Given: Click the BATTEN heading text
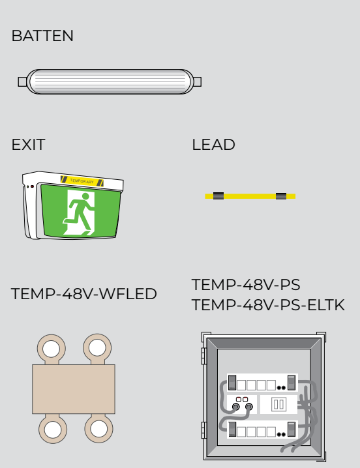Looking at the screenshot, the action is [x=42, y=36].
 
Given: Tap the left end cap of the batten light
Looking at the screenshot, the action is [x=22, y=81].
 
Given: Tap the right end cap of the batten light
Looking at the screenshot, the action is [x=197, y=81].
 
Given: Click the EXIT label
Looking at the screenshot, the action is [x=29, y=145].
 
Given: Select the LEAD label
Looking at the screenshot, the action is [x=214, y=145].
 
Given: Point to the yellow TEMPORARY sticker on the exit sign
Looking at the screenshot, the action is [x=82, y=181].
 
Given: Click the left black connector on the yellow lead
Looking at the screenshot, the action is [x=218, y=196].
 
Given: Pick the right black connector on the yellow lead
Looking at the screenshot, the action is [x=281, y=196].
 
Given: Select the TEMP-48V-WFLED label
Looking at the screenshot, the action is [x=84, y=294].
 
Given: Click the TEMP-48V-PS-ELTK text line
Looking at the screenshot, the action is [x=268, y=305].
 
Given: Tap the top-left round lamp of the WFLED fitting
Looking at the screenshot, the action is [x=52, y=349].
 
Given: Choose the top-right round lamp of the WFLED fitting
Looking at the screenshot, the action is [x=97, y=348].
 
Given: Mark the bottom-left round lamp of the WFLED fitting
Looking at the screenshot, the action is [x=53, y=429].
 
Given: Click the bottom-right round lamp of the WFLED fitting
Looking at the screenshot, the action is [x=99, y=429].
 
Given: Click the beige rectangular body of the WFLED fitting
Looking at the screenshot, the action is [x=74, y=389].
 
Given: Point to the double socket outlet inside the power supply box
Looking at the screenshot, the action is [x=278, y=405].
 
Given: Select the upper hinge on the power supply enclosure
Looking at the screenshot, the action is [x=204, y=356].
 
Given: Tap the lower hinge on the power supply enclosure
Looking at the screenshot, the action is [x=204, y=430].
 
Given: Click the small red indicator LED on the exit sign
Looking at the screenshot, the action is [x=32, y=186].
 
